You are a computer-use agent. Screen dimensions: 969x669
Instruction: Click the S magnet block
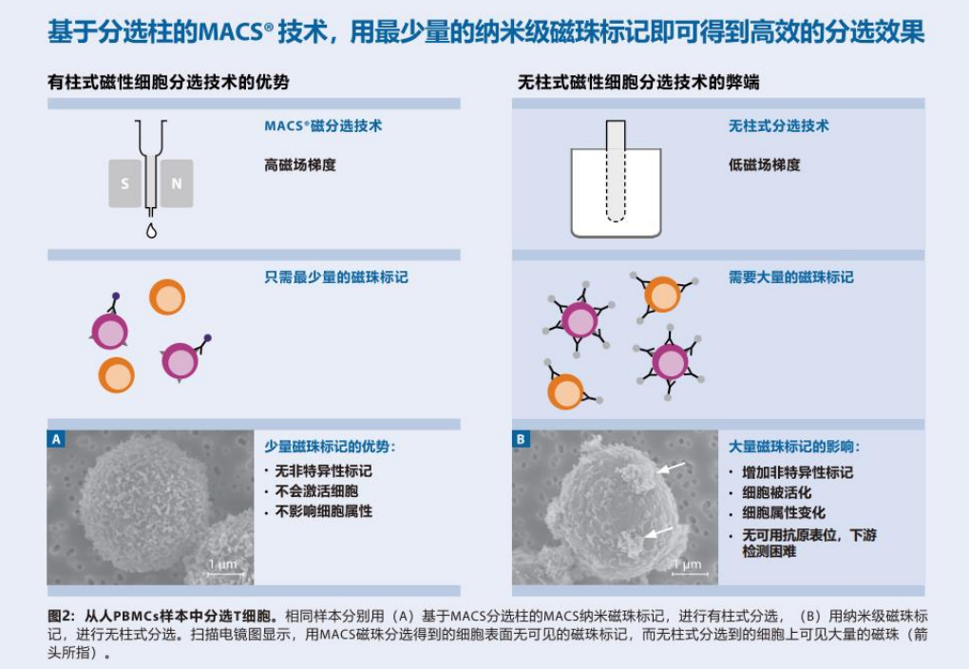(x=124, y=183)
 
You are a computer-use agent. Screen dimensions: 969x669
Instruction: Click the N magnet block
(x=177, y=183)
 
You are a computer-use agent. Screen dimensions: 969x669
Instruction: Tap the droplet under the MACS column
(x=151, y=231)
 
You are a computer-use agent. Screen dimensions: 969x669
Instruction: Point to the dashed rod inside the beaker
(x=616, y=171)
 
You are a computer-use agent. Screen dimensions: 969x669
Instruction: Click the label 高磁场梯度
(x=300, y=165)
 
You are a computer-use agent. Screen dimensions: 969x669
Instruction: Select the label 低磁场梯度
(x=765, y=165)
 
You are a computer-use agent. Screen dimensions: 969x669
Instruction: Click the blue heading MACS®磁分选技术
(x=323, y=126)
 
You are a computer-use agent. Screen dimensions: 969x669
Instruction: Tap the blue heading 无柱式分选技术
(x=779, y=126)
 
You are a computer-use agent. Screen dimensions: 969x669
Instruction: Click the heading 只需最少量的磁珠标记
(x=336, y=277)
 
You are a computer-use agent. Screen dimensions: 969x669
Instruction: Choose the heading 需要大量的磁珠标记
(x=791, y=277)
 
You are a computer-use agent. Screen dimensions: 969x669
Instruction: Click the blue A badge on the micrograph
(x=56, y=439)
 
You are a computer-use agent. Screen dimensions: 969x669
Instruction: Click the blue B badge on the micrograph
(x=521, y=439)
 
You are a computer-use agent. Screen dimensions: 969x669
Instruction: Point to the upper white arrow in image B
(x=671, y=467)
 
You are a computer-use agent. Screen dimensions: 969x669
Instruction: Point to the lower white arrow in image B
(x=658, y=532)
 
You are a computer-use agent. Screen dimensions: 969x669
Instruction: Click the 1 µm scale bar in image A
(x=225, y=574)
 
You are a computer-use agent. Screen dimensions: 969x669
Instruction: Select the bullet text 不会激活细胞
(x=316, y=491)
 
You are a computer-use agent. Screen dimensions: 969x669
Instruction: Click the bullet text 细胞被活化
(x=777, y=493)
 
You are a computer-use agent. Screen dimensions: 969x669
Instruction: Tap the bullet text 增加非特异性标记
(x=798, y=472)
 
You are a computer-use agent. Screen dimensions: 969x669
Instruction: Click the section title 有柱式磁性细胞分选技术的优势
(x=169, y=83)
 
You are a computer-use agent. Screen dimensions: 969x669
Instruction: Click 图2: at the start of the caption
(x=62, y=616)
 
